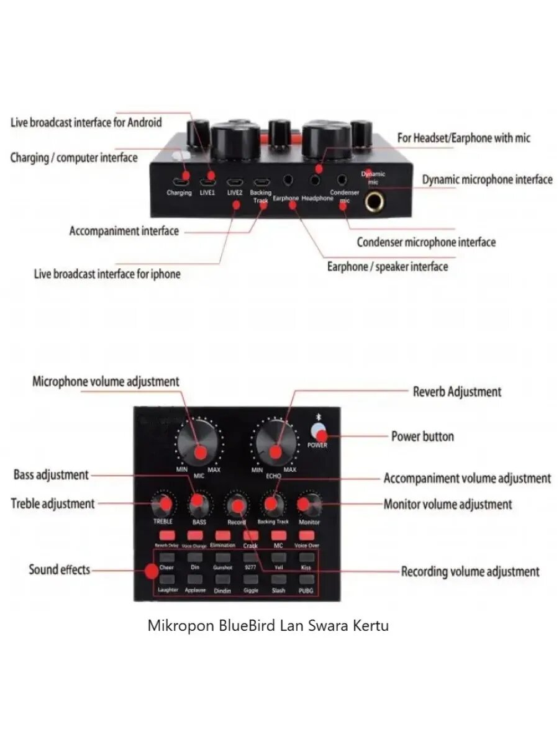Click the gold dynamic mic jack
375,201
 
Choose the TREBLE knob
162,504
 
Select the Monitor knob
308,505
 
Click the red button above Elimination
222,535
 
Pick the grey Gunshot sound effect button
222,558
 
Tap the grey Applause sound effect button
195,579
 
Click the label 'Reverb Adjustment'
457,392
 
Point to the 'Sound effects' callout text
60,569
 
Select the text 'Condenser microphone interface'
426,242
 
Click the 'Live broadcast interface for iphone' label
107,274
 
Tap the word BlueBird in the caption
248,625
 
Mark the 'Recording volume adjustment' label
470,571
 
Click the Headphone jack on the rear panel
317,180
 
